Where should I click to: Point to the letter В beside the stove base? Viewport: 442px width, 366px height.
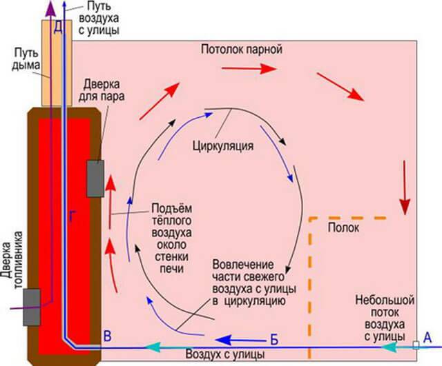click(x=106, y=336)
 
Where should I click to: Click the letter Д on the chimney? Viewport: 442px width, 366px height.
click(x=58, y=27)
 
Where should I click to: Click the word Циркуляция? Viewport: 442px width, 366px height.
click(x=223, y=146)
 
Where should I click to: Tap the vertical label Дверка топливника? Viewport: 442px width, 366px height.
click(x=9, y=268)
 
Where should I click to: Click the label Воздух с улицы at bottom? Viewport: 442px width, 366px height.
click(x=224, y=355)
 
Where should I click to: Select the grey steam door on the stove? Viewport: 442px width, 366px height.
click(x=95, y=178)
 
